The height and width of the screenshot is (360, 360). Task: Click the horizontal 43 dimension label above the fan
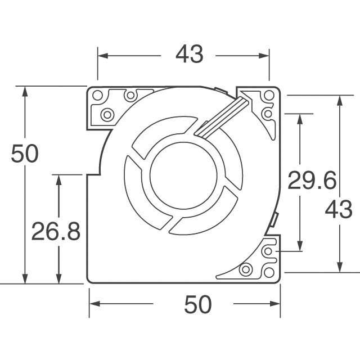pos(188,55)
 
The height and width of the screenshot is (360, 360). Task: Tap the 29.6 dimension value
pos(312,181)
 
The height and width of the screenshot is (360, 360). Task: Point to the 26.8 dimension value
pos(55,231)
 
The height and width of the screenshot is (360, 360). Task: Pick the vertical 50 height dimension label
pos(25,154)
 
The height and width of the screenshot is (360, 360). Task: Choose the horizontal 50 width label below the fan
pos(197,304)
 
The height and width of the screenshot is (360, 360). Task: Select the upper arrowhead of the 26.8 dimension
pos(58,179)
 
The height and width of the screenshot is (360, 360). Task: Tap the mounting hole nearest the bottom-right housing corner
pos(269,272)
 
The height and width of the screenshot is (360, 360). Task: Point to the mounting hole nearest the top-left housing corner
pos(96,94)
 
